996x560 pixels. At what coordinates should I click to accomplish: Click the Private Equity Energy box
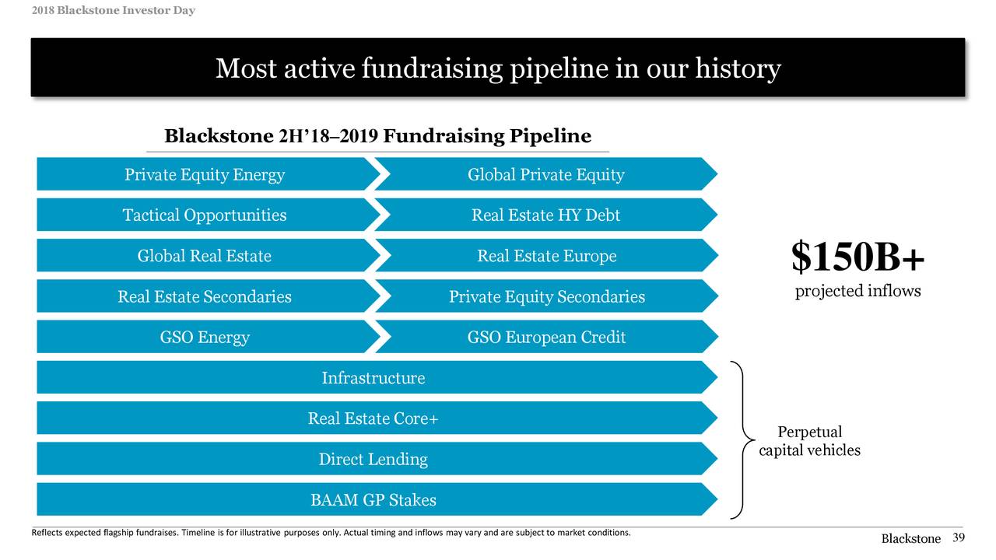point(205,175)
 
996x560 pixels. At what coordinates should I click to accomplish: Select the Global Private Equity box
point(545,175)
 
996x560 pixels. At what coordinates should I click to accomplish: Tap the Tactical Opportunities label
point(205,215)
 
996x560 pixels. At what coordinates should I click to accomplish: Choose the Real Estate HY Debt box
point(545,215)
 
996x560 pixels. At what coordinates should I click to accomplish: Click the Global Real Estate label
point(205,256)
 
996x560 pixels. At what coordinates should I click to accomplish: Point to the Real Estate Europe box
point(545,256)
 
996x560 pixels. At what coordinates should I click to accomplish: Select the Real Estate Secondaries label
point(205,296)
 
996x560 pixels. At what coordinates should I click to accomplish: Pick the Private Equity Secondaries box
point(545,296)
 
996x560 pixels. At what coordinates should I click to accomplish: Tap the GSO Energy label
point(205,338)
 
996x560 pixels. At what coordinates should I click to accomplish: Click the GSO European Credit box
point(545,338)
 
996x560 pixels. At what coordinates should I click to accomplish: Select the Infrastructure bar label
point(373,378)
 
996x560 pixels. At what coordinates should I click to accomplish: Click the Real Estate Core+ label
point(373,418)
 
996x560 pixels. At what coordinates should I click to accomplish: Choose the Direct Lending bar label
point(373,459)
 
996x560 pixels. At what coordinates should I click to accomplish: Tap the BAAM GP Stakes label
point(373,500)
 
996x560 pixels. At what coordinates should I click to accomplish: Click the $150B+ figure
point(857,257)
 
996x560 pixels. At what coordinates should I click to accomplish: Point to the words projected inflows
point(857,292)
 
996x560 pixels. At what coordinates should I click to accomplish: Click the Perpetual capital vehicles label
point(810,441)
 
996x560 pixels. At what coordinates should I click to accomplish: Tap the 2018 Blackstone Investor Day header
point(103,10)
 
